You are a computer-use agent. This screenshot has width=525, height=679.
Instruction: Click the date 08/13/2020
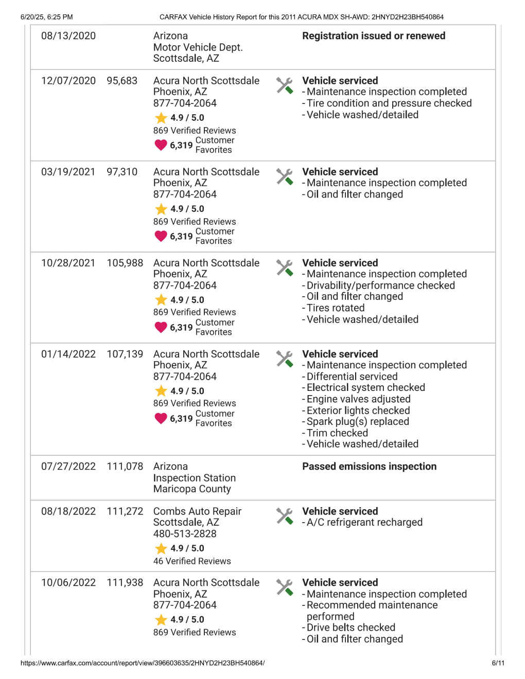(x=68, y=36)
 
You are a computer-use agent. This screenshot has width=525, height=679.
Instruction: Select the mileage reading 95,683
(x=122, y=81)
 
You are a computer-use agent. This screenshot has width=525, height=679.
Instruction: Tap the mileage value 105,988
(x=125, y=263)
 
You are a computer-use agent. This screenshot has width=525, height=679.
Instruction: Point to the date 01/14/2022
(x=68, y=354)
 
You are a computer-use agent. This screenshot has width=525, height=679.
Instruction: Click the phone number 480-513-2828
(x=185, y=533)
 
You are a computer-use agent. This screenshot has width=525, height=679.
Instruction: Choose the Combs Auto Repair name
(x=197, y=511)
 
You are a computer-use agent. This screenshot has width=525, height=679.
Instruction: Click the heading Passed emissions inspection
(x=369, y=467)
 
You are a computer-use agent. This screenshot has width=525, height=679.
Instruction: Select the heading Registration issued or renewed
(x=374, y=36)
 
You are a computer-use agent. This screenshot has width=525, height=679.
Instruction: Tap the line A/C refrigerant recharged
(x=364, y=523)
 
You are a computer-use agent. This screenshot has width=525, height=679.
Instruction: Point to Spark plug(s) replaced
(x=358, y=422)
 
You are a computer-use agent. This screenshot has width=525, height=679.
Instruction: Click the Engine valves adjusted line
(x=358, y=399)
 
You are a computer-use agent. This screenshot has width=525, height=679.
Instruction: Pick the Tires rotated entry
(x=336, y=308)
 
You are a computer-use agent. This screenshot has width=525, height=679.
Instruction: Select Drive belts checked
(x=351, y=628)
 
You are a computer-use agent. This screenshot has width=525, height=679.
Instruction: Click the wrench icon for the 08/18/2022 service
(x=284, y=515)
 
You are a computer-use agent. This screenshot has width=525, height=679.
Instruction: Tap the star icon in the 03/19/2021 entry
(x=161, y=209)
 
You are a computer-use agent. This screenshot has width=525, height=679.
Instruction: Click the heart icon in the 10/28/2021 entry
(x=161, y=327)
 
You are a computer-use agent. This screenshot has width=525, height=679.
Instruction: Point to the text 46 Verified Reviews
(x=192, y=561)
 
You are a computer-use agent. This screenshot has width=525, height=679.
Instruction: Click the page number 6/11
(x=498, y=663)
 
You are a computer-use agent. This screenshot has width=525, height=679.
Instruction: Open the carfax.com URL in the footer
(x=143, y=663)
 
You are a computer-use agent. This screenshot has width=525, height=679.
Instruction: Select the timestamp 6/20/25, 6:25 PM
(x=46, y=17)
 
